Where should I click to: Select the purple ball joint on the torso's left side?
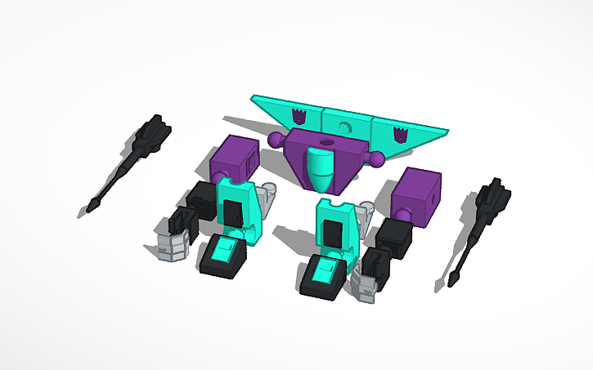click(273, 141)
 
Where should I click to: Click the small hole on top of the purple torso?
click(328, 143)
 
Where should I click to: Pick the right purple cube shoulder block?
click(418, 198)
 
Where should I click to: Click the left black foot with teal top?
click(223, 257)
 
